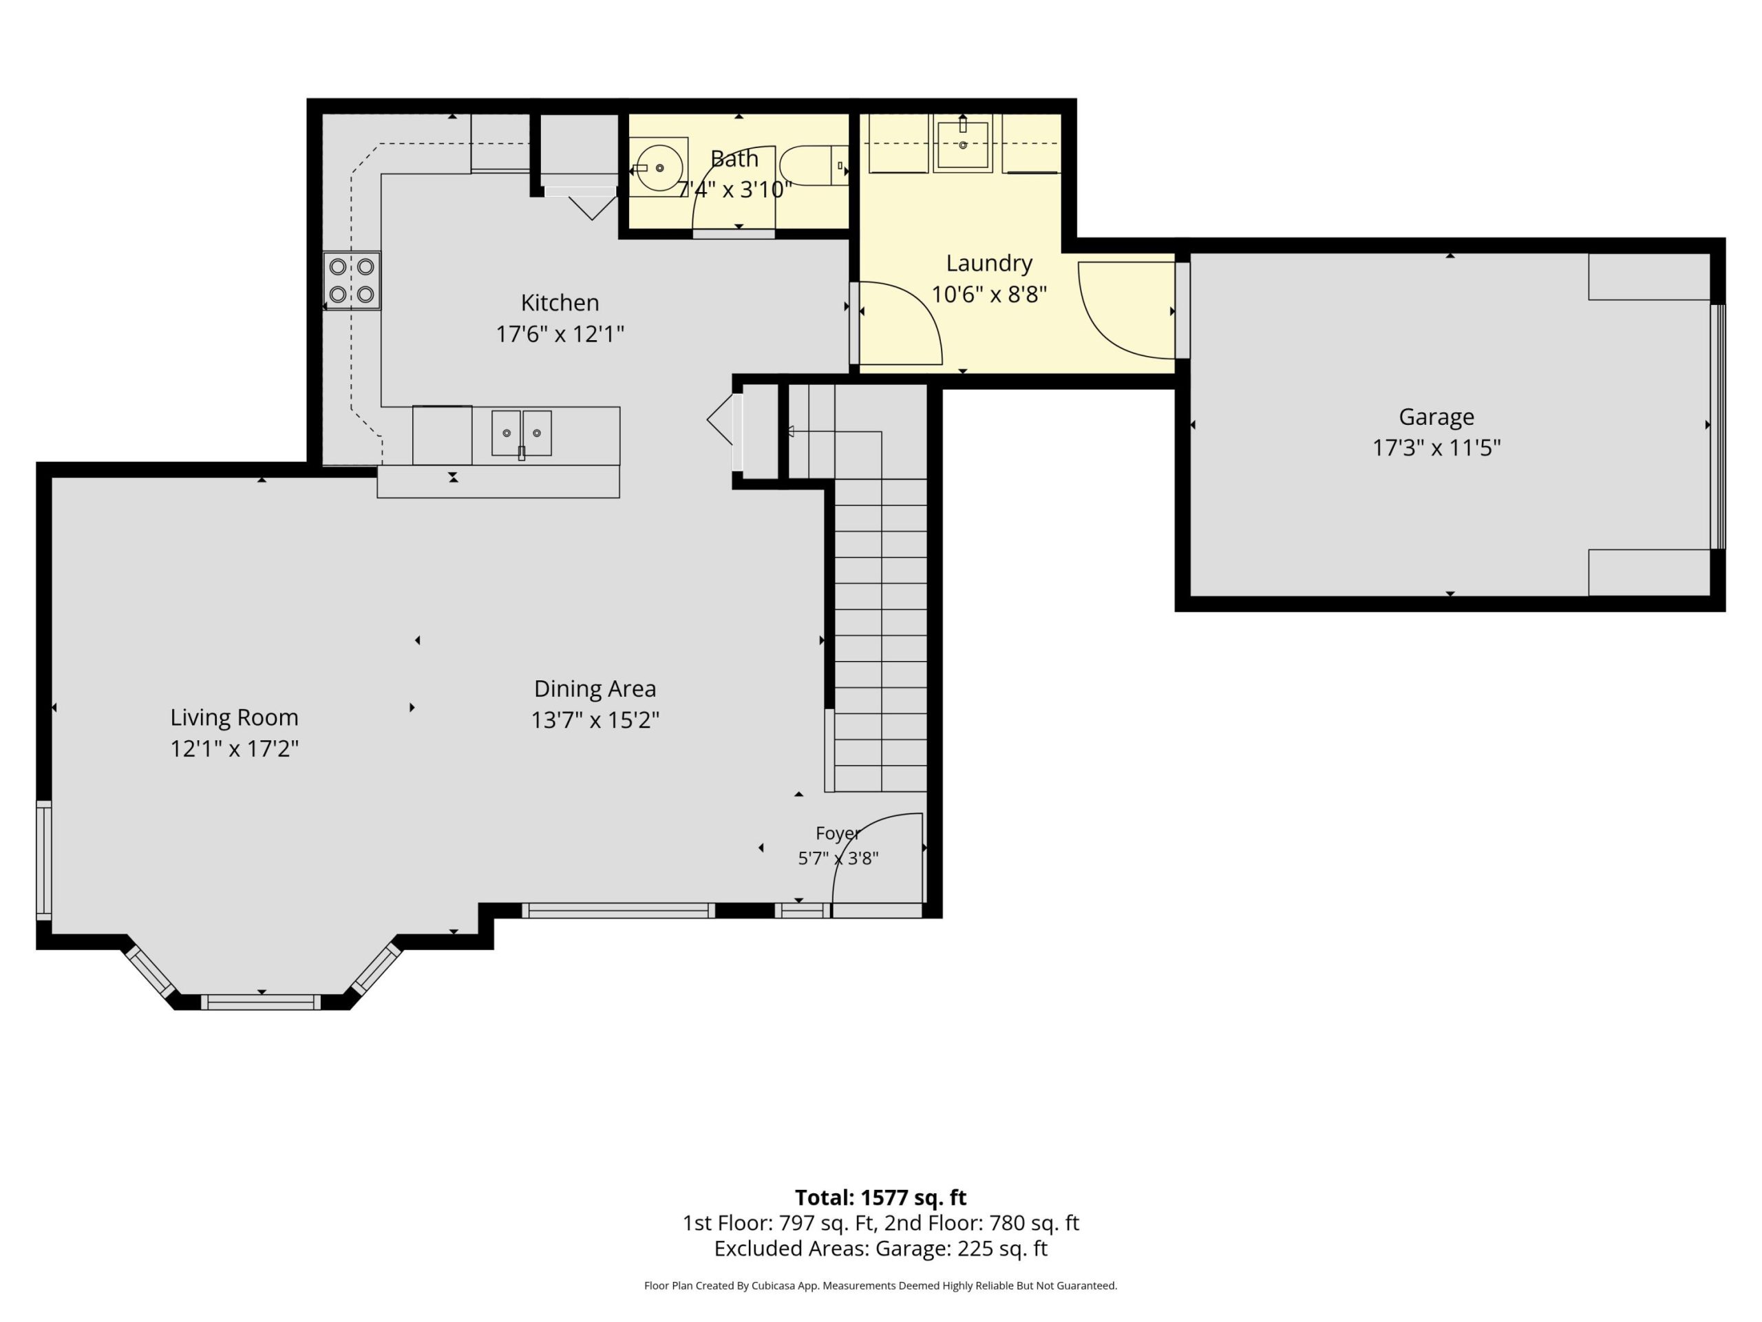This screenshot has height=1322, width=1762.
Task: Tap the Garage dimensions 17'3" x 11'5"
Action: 1436,448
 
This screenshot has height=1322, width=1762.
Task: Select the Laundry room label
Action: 988,263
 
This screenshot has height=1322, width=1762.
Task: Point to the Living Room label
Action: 234,717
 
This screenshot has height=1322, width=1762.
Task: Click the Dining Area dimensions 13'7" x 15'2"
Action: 595,720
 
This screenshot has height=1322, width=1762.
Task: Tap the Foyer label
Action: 838,834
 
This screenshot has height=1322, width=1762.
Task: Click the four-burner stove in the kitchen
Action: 351,280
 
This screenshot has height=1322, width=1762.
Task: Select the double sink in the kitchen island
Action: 521,434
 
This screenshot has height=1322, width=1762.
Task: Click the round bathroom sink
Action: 659,167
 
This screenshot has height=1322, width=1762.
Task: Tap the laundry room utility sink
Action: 963,143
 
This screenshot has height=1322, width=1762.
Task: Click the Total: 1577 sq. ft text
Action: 880,1197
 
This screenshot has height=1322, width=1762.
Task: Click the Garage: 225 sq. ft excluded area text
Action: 962,1249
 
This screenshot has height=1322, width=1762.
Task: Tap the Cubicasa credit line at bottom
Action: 880,1286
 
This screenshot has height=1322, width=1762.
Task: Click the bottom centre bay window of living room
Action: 260,1002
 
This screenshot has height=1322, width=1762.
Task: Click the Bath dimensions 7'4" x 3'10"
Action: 734,189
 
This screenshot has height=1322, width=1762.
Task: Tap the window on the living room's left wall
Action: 44,861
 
